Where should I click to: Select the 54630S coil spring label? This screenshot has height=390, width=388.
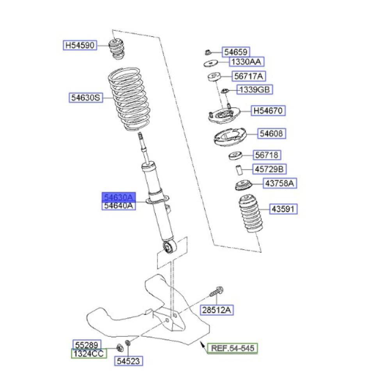(x=86, y=97)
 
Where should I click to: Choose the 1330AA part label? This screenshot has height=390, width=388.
(x=246, y=62)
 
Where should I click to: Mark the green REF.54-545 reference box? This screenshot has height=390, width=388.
(x=233, y=348)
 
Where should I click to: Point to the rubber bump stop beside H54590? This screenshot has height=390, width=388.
(x=116, y=49)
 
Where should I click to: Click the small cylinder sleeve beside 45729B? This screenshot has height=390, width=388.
(x=238, y=170)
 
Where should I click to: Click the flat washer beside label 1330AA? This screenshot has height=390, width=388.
(x=211, y=63)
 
